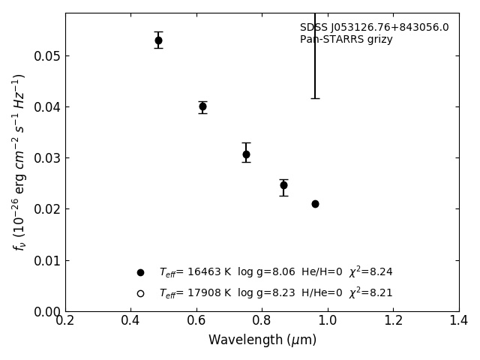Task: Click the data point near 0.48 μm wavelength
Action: [158, 40]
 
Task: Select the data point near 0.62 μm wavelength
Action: [202, 106]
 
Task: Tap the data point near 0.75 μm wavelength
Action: [246, 154]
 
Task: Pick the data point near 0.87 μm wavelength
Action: [283, 185]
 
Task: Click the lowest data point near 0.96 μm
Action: [315, 204]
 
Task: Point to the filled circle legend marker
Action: [140, 272]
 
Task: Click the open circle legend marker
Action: [140, 293]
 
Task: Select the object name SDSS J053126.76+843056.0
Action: [374, 28]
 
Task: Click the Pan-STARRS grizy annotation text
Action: [346, 40]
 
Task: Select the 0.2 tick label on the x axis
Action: [65, 321]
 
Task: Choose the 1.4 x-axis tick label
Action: [459, 321]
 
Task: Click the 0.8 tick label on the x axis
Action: [262, 321]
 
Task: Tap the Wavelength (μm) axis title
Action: [262, 340]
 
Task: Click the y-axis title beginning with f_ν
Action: [20, 161]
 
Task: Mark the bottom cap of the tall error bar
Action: [315, 98]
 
